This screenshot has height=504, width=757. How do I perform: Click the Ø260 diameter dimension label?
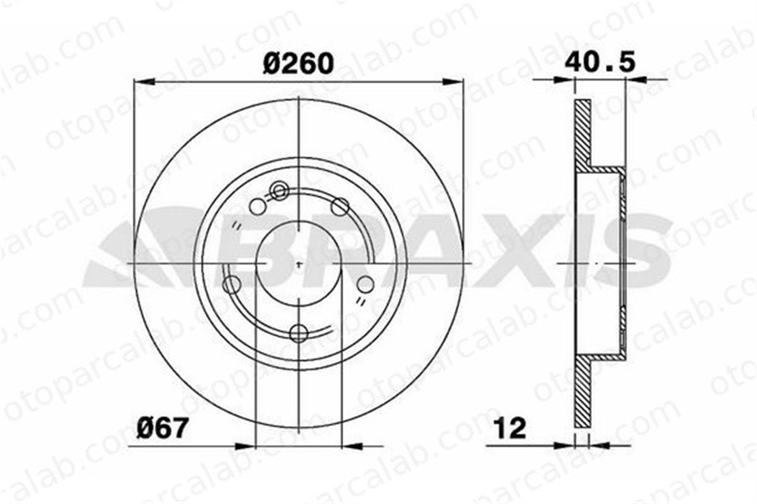point(298,64)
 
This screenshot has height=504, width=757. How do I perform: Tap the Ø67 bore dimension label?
point(160,428)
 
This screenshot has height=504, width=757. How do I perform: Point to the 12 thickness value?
point(511,428)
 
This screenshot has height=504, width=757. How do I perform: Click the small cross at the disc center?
point(299,264)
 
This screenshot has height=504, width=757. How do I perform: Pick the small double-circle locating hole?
point(279,191)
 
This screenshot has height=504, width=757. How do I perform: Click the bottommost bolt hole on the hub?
point(299,333)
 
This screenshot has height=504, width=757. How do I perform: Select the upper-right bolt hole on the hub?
point(340,207)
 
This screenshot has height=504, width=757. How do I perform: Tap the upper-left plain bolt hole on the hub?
point(258,207)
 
